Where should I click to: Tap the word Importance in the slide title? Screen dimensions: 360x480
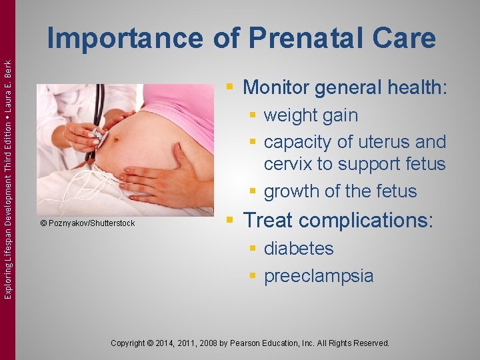coord(126,39)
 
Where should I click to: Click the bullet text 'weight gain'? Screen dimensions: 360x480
coord(311,115)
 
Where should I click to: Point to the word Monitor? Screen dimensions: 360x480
coord(279,87)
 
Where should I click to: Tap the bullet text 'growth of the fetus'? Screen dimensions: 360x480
coord(340,191)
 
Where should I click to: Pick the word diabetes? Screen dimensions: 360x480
coord(299,249)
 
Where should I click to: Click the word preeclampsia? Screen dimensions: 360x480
coord(319,276)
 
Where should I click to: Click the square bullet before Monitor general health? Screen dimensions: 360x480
coord(229,87)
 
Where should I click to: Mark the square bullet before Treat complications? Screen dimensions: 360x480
coord(229,220)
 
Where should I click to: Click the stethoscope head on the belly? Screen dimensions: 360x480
coord(98,136)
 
